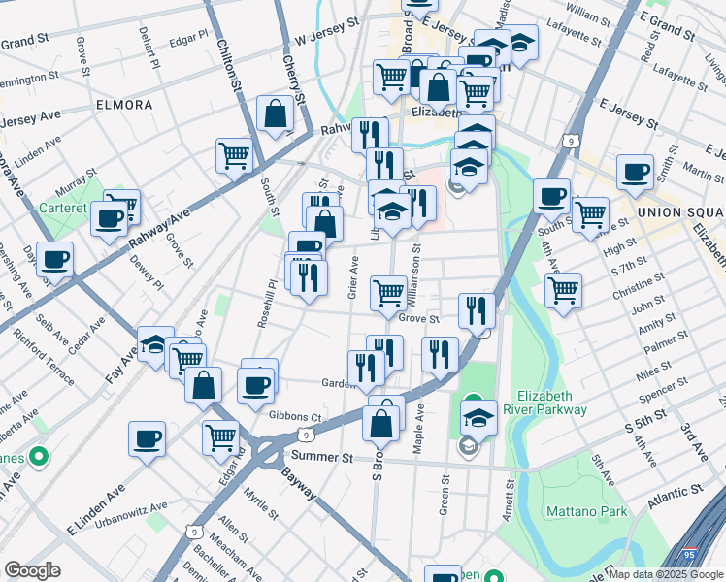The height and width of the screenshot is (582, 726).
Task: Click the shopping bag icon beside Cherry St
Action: pyautogui.click(x=277, y=114)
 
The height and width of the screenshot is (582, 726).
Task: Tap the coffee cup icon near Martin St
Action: pyautogui.click(x=635, y=173)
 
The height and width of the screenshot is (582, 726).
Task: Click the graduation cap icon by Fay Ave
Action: pyautogui.click(x=154, y=344)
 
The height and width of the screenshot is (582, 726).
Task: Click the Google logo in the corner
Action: pyautogui.click(x=32, y=569)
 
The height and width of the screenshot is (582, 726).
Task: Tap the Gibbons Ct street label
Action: pyautogui.click(x=295, y=416)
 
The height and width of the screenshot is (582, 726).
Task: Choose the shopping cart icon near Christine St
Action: pyautogui.click(x=563, y=289)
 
